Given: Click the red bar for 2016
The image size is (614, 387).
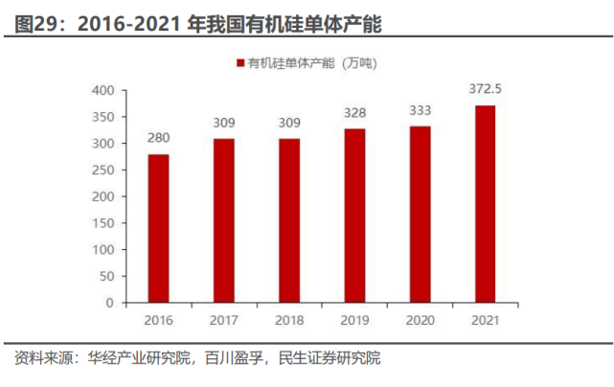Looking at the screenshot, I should point(158,228).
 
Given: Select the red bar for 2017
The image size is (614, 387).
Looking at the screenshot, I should point(224,220).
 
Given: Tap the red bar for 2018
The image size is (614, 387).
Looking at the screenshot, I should point(289,220).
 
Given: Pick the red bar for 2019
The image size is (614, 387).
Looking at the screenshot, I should point(354,216).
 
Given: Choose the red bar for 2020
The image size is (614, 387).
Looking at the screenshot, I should point(420,215).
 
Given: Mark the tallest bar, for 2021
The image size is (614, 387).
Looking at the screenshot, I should point(485,204).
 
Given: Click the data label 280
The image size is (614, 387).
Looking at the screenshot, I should point(158,138).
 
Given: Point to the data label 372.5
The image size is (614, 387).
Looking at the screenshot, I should point(486,89).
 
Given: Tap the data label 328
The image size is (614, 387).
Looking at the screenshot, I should point(354,112).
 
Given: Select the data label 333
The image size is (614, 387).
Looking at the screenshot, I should point(420,110).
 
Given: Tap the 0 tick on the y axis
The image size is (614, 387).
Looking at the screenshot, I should point(110,303).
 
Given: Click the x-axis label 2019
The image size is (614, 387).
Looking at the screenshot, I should point(354,320).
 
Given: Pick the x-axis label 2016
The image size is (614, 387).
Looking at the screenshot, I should point(158,320).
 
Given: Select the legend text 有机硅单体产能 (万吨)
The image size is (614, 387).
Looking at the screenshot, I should point(312,63).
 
